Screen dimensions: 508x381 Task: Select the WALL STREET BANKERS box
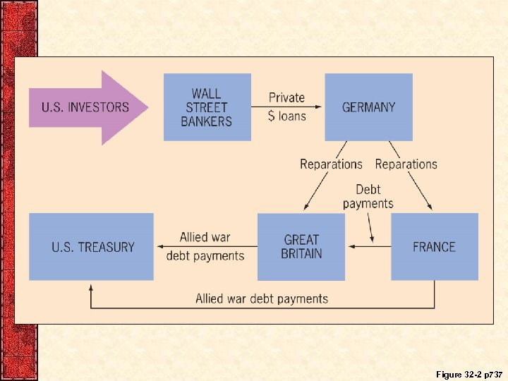(207, 107)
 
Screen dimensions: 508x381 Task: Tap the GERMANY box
(368, 107)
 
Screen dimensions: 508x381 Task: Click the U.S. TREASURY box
(92, 247)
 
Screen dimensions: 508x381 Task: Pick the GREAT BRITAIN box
(301, 247)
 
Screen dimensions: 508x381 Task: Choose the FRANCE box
(434, 247)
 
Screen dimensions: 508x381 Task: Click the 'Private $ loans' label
(287, 107)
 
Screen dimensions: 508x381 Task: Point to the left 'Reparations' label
(331, 164)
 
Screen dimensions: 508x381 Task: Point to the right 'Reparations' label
(406, 164)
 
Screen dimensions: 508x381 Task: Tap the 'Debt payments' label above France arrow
(368, 196)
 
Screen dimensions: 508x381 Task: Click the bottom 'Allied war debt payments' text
(262, 298)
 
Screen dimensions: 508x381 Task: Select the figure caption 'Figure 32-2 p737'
(468, 373)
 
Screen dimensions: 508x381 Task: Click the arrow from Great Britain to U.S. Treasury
(205, 246)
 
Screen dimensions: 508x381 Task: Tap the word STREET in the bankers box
(207, 107)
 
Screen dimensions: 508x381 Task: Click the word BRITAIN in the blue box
(301, 254)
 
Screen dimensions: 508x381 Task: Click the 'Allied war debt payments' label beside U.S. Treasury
(205, 246)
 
